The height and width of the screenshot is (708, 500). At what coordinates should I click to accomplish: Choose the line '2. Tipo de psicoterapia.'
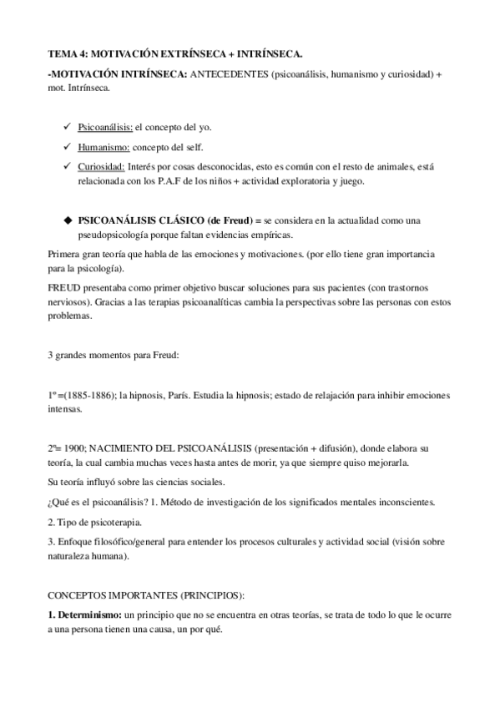pos(94,522)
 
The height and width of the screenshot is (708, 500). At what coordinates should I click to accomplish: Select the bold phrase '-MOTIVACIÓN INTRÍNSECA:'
pos(117,74)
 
